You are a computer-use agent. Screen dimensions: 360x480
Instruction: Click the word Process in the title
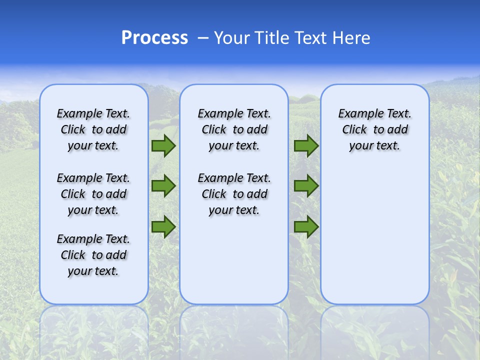pyautogui.click(x=154, y=37)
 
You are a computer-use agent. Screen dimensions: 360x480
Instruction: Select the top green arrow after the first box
pyautogui.click(x=163, y=145)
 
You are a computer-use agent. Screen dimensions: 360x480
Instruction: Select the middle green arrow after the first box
pyautogui.click(x=163, y=186)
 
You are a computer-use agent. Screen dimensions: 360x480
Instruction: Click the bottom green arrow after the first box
pyautogui.click(x=163, y=226)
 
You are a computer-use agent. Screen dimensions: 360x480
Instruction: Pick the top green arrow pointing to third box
pyautogui.click(x=306, y=145)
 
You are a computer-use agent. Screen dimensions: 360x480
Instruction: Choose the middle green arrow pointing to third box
pyautogui.click(x=306, y=186)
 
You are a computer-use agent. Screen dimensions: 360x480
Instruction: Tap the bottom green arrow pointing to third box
pyautogui.click(x=306, y=226)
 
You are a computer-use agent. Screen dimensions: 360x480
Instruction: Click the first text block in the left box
pyautogui.click(x=93, y=129)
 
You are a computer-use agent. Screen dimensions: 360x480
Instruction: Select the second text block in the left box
pyautogui.click(x=93, y=194)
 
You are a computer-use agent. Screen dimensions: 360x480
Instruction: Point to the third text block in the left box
pyautogui.click(x=93, y=255)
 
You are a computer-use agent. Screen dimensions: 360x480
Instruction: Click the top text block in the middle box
pyautogui.click(x=234, y=129)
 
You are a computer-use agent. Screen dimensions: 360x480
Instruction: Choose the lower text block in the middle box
pyautogui.click(x=234, y=194)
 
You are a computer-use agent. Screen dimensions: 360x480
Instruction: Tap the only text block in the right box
pyautogui.click(x=374, y=129)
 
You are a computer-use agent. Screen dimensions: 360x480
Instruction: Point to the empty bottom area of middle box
pyautogui.click(x=234, y=265)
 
